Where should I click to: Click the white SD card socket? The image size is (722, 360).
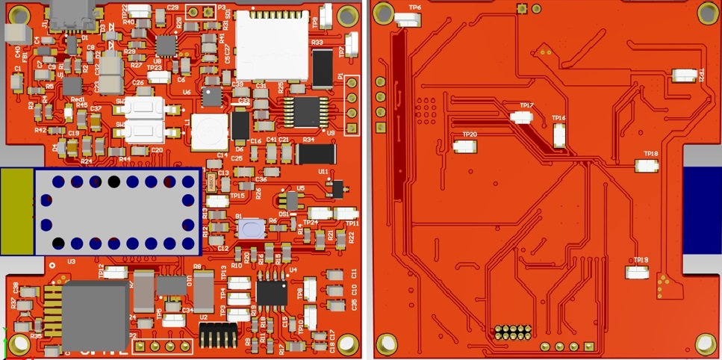(x=272, y=46)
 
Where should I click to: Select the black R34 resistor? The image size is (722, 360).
(x=316, y=154)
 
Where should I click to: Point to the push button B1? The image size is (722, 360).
(x=251, y=229)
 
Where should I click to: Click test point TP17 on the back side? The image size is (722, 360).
(x=521, y=117)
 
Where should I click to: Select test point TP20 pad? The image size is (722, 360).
(x=464, y=146)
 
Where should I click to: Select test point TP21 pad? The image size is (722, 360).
(x=685, y=75)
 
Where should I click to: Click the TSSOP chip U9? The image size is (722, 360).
(x=306, y=112)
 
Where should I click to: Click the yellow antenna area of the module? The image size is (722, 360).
(x=16, y=211)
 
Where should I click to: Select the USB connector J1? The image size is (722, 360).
(x=72, y=14)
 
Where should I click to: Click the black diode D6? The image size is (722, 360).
(x=240, y=125)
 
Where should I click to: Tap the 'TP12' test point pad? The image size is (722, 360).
(x=116, y=273)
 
